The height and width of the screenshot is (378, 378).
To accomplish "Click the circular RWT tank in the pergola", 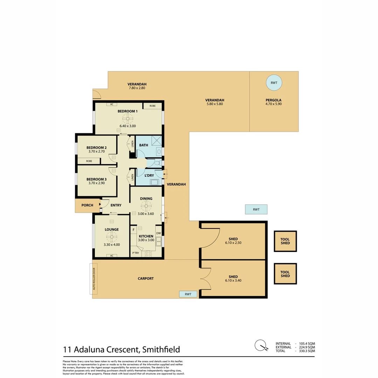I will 274,83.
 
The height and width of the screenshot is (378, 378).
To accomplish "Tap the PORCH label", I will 87,205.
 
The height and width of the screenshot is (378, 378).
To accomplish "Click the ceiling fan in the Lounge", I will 112,238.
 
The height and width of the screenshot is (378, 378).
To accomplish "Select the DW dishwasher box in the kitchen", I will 159,233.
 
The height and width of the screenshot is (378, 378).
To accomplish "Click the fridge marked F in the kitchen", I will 133,230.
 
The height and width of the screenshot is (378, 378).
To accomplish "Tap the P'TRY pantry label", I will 135,253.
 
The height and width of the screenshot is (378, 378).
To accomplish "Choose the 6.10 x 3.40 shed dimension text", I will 233,280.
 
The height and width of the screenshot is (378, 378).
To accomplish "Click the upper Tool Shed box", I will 285,241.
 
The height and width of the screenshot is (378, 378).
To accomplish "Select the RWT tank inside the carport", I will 188,294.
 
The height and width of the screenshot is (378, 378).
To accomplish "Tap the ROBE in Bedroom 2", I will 89,161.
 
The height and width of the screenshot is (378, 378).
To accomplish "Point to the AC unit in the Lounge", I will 112,255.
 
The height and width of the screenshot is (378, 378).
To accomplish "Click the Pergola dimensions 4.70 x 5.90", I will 273,104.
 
